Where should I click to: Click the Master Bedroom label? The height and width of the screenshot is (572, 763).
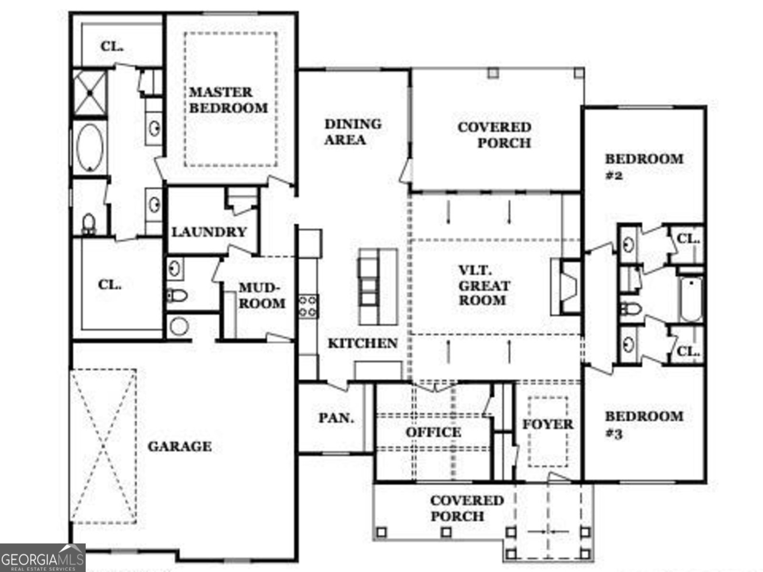(228, 100)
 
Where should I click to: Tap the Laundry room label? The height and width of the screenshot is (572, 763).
(209, 232)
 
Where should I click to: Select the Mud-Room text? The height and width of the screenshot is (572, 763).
(261, 296)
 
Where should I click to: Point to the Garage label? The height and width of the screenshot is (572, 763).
(179, 447)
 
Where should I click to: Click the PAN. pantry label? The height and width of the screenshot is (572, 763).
(336, 418)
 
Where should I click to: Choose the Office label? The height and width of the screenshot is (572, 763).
(433, 432)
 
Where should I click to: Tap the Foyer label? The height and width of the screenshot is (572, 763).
(547, 424)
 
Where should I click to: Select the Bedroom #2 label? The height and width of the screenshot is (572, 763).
(644, 166)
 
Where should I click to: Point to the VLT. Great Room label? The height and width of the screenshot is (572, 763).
(483, 286)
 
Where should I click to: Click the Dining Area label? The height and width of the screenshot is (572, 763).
(353, 132)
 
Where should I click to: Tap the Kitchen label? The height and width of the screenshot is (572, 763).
(362, 343)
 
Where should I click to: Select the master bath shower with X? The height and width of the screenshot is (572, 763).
(89, 92)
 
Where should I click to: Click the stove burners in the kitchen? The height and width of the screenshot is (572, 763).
(308, 306)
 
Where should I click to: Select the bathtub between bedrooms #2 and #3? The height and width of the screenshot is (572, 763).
(690, 300)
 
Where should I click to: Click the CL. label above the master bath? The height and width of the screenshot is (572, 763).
(112, 47)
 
